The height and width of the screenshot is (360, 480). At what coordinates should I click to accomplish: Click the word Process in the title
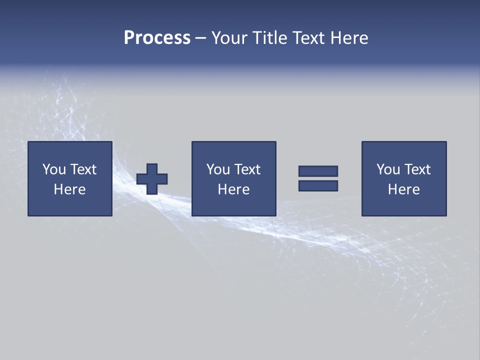157,38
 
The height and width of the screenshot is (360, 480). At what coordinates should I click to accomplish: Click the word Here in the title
350,38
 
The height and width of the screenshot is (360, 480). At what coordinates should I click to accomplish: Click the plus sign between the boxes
152,178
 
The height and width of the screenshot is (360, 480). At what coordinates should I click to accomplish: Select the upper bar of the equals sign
318,171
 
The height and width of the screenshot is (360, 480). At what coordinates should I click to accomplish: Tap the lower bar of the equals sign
318,185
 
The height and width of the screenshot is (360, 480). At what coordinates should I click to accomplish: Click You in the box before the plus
54,169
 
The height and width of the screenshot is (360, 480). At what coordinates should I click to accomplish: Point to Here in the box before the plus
69,189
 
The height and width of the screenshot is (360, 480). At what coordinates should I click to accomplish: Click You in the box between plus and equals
218,169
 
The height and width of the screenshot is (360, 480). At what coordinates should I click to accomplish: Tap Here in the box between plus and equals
233,189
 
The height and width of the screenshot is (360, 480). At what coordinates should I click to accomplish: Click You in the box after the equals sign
388,169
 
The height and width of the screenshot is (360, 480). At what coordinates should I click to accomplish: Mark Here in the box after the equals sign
403,189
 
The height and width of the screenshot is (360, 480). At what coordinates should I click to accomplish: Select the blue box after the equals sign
404,205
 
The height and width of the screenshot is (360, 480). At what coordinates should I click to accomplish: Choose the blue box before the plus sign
70,205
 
